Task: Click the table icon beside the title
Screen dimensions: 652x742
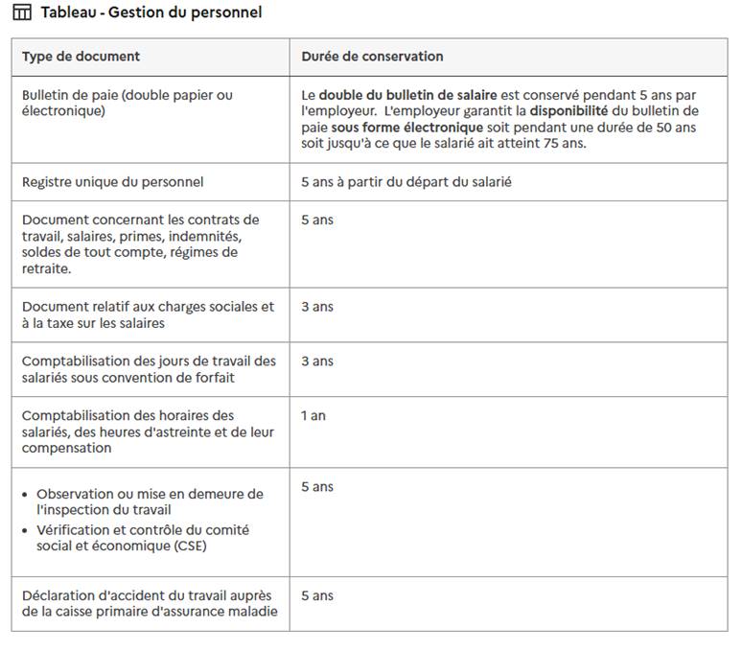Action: [x=21, y=12]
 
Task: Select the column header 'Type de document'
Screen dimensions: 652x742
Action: [x=81, y=57]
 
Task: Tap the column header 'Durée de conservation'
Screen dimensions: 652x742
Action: [x=372, y=57]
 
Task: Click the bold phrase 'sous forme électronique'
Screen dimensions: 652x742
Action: [x=407, y=128]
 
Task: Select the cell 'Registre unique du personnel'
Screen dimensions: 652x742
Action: [x=112, y=181]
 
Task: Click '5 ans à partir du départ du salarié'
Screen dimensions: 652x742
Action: [x=406, y=181]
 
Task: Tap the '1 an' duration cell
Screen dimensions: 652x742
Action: [x=313, y=416]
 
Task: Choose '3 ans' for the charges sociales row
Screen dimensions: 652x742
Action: [x=317, y=307]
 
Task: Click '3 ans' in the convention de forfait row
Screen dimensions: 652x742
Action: [x=317, y=361]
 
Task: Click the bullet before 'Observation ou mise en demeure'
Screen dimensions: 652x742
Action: [x=25, y=495]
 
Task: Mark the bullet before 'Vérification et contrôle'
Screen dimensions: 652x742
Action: [x=25, y=531]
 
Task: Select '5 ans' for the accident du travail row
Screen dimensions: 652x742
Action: [x=317, y=595]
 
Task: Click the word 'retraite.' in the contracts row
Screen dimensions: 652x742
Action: [x=46, y=268]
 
